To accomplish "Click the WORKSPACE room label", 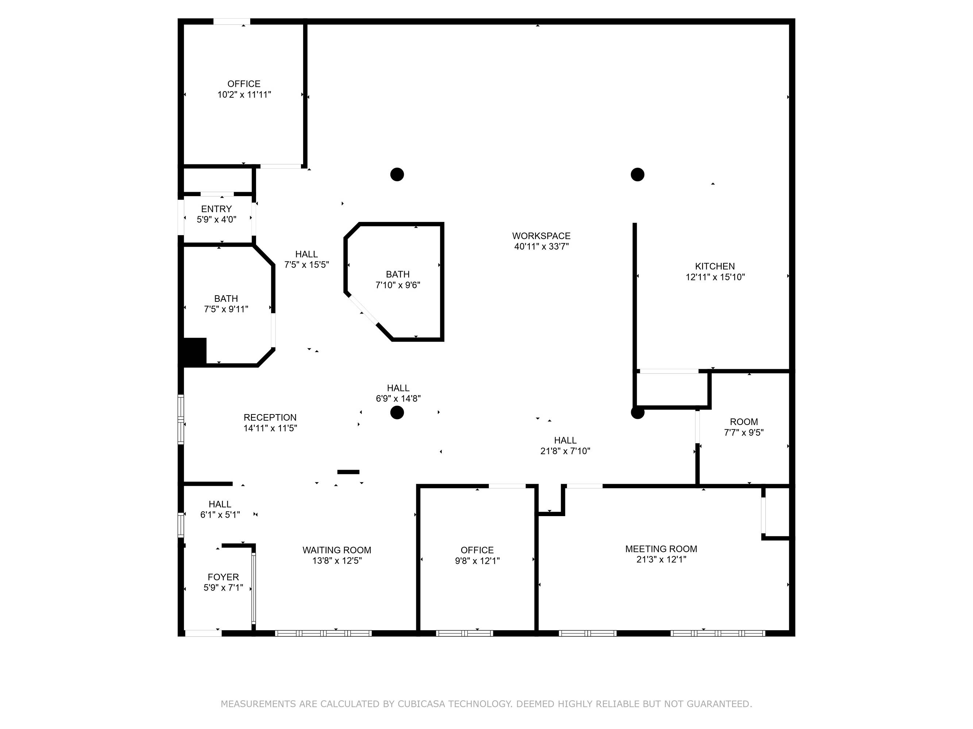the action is point(541,236).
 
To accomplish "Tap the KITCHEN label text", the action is point(715,266).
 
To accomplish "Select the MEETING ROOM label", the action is point(661,549).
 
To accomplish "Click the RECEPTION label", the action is point(270,417).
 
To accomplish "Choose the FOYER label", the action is point(223,577).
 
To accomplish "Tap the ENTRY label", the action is point(216,209).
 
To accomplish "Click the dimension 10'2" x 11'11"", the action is point(244,94).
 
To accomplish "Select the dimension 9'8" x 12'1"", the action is point(477,561).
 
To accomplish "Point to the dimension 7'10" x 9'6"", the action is point(398,285).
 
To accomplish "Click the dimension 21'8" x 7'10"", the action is point(565,451).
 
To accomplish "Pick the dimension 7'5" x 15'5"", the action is point(306,265).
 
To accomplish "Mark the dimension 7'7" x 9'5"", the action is point(744,432).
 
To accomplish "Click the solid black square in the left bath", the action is point(194,351).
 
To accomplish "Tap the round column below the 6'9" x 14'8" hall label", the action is point(397,413).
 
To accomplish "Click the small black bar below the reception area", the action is point(348,472).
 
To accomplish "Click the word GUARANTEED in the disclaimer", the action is point(719,704).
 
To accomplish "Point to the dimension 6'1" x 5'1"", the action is point(220,515).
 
